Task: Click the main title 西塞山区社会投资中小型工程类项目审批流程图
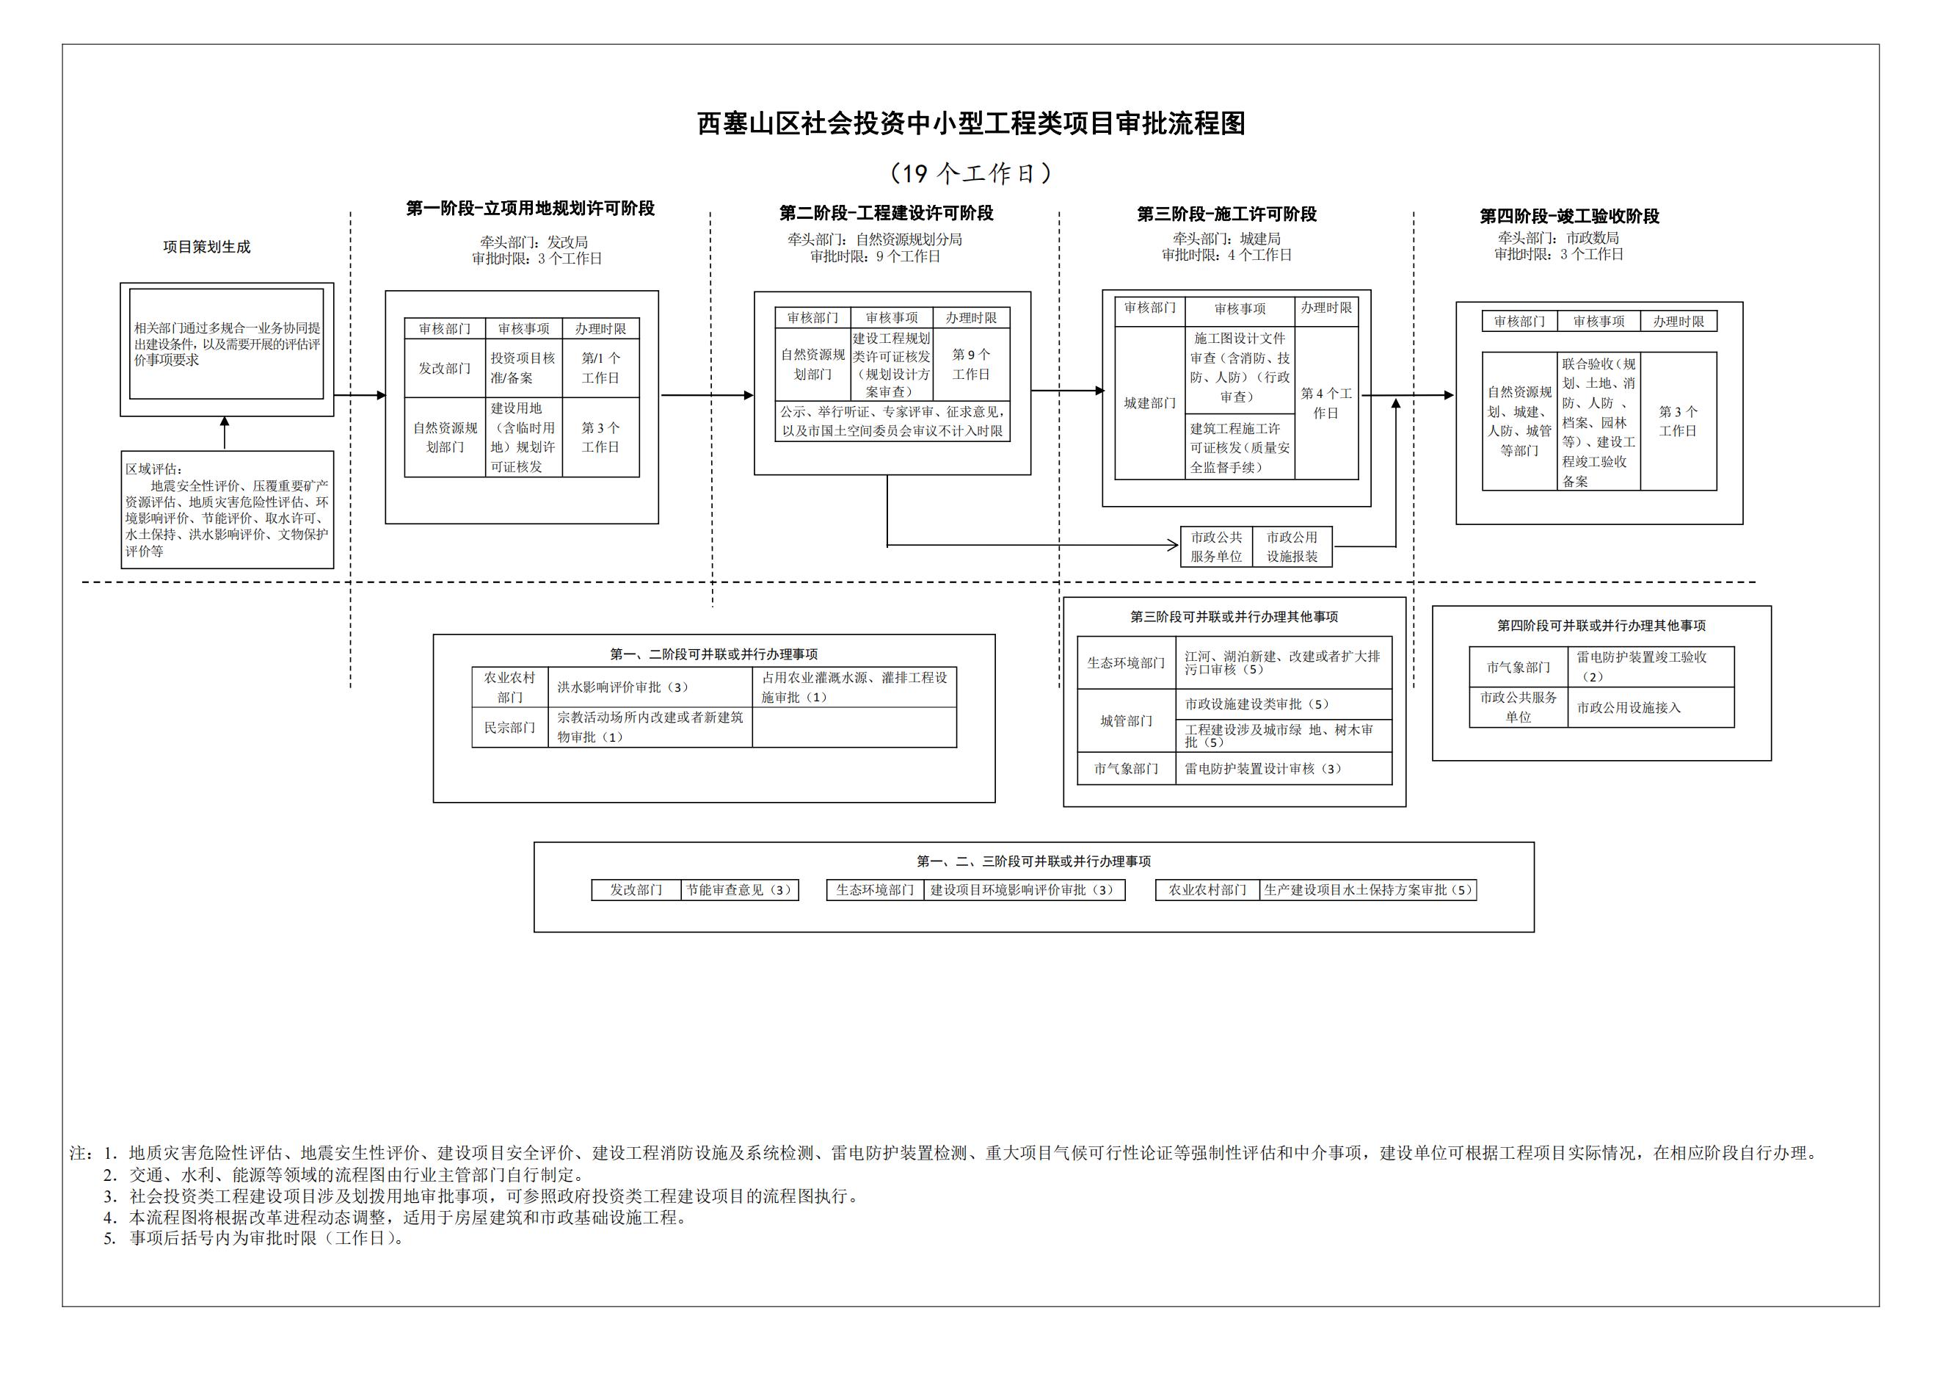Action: click(x=970, y=124)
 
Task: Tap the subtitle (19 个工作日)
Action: click(x=970, y=173)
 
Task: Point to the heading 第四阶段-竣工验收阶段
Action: click(x=1569, y=217)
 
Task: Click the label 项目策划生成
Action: click(x=206, y=247)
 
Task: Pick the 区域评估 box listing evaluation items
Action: click(x=227, y=510)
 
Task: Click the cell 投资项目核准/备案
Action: click(x=523, y=368)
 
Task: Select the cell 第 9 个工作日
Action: click(x=970, y=365)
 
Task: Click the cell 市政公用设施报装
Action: click(x=1292, y=546)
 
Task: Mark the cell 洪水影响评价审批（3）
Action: click(x=622, y=688)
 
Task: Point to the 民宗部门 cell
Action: click(x=509, y=728)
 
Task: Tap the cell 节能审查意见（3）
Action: click(x=738, y=890)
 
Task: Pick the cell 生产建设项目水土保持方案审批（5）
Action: click(x=1367, y=890)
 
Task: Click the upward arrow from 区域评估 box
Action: click(x=224, y=433)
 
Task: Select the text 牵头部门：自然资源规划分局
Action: click(x=875, y=240)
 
